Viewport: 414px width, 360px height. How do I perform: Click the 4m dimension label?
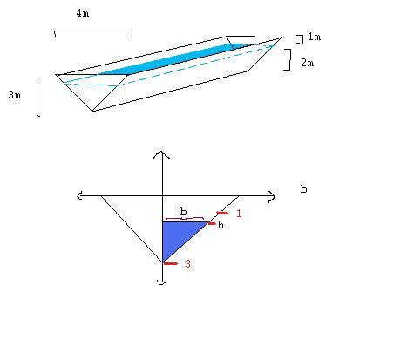tap(83, 13)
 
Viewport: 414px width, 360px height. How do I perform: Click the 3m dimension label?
tap(15, 95)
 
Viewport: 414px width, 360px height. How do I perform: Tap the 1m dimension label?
tap(315, 37)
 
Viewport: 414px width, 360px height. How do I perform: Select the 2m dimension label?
tap(308, 63)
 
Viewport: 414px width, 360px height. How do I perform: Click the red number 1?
tap(239, 214)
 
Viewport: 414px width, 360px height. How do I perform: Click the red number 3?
tap(187, 264)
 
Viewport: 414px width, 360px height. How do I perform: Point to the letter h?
tap(221, 225)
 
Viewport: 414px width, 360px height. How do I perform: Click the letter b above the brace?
tap(183, 212)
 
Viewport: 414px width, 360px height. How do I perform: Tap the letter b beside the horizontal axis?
tap(303, 189)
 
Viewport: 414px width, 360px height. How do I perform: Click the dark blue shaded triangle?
tap(177, 235)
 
